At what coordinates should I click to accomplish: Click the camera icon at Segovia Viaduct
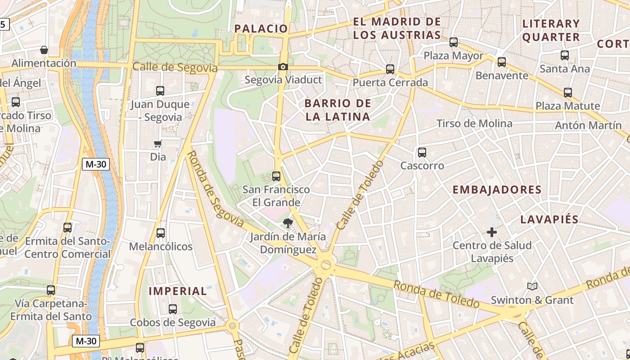coord(283,67)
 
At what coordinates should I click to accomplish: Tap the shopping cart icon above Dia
coord(157,144)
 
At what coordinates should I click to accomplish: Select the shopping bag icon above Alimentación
coord(44,50)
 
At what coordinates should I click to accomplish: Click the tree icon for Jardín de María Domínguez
coord(288,223)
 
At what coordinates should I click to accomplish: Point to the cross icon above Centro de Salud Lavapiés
coord(492,232)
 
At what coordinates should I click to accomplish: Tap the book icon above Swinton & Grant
coord(532,287)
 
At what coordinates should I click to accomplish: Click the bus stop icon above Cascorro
coord(422,153)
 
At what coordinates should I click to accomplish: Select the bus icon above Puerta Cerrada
coord(390,69)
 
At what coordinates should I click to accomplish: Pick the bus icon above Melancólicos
coord(161,233)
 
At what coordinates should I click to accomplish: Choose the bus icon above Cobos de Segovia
coord(173,309)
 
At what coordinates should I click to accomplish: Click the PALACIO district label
coord(261,29)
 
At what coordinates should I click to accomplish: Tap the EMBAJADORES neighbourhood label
coord(497,190)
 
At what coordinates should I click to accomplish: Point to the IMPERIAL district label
coord(178,291)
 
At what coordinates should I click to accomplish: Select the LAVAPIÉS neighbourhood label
coord(549,220)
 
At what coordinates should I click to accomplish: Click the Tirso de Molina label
coord(474,124)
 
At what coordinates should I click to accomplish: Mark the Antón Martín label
coord(588,126)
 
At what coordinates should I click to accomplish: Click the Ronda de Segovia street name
coord(215,189)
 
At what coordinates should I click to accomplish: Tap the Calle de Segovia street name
coord(175,67)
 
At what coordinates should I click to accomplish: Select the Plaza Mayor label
coord(454,56)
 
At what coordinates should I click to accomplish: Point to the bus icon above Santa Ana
coord(565,55)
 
